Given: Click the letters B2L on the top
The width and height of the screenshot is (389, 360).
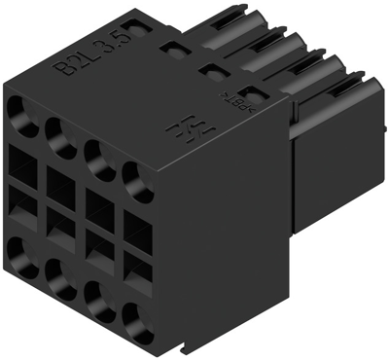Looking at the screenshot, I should pos(74,64).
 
